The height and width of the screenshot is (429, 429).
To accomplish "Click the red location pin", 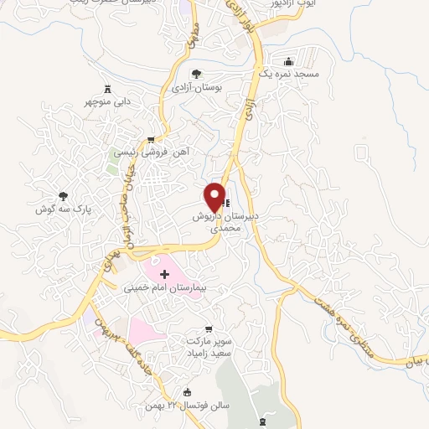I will click(x=215, y=196).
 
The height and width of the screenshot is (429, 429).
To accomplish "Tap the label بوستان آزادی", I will click(x=195, y=87).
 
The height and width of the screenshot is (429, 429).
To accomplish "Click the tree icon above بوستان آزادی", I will click(x=196, y=74).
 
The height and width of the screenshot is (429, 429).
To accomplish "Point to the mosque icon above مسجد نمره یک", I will click(x=289, y=62).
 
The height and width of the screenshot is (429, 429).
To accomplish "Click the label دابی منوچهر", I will click(x=107, y=103).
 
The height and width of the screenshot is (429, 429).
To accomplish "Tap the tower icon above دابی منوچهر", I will click(x=107, y=90).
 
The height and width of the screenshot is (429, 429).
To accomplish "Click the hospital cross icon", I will click(x=164, y=274).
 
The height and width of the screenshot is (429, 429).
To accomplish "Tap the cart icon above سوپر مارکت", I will click(x=209, y=329).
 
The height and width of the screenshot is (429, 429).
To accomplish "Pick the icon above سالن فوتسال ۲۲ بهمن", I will click(x=187, y=392).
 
